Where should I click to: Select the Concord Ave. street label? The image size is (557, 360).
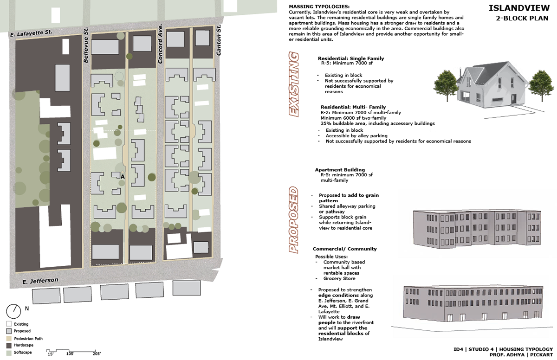160,43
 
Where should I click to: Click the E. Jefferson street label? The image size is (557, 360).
40,281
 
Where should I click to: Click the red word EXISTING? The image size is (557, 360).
294,84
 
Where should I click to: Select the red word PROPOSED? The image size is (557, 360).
293,219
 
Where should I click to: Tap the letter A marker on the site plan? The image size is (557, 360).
123,176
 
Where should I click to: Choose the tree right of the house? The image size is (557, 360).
541,85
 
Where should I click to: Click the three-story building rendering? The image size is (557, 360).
477,228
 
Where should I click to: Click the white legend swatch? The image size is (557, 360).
9,324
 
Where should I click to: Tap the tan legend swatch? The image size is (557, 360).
9,339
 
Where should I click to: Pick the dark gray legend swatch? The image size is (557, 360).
9,346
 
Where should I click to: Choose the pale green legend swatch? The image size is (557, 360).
9,354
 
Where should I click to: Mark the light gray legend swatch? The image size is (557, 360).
9,331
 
